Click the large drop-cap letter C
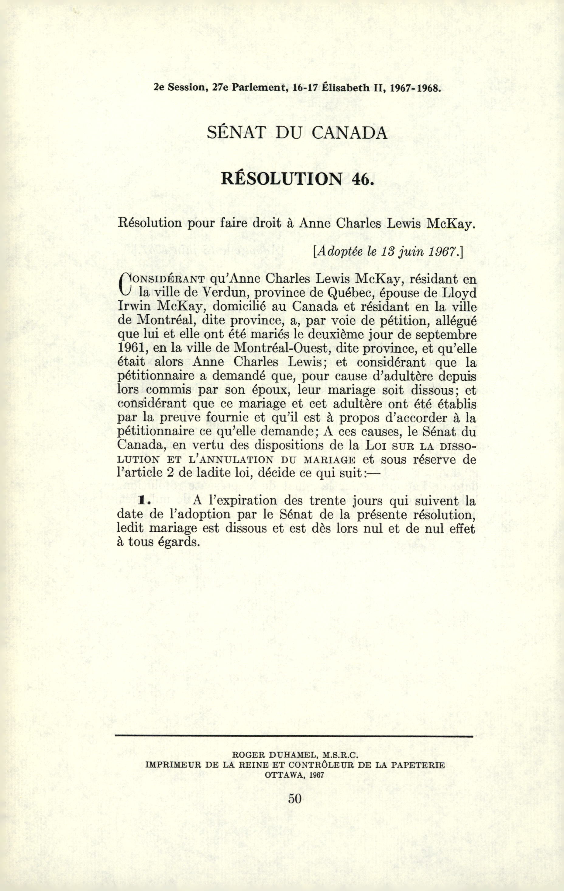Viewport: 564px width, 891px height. point(126,285)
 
